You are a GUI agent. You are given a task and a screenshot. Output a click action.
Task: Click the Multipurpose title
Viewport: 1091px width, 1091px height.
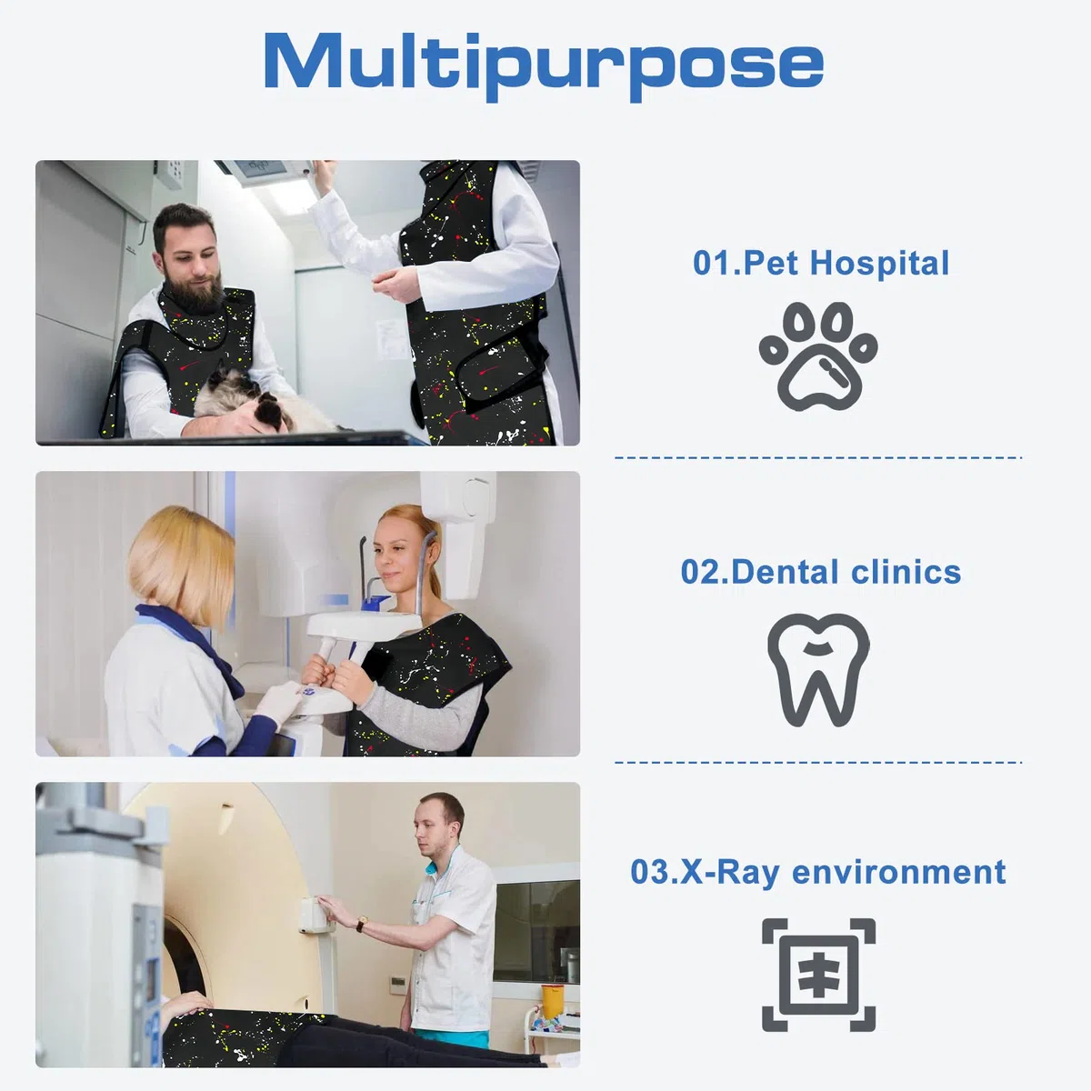(544, 65)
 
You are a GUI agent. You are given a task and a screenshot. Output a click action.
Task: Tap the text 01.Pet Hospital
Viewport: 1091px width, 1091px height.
(821, 264)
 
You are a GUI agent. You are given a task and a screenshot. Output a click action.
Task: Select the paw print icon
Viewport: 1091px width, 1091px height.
(818, 356)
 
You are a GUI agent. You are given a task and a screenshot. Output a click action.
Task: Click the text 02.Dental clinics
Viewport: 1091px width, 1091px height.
(821, 572)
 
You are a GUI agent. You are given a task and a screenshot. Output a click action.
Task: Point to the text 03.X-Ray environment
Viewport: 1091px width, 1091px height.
(818, 872)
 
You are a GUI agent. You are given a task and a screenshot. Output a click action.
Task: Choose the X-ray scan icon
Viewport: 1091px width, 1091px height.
(818, 975)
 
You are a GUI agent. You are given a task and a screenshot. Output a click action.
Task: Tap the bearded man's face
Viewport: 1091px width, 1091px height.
(191, 255)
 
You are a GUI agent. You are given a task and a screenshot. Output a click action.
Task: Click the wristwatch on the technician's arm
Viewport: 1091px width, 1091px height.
(361, 925)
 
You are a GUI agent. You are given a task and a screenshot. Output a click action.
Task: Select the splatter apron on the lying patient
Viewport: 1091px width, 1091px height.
(238, 1037)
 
